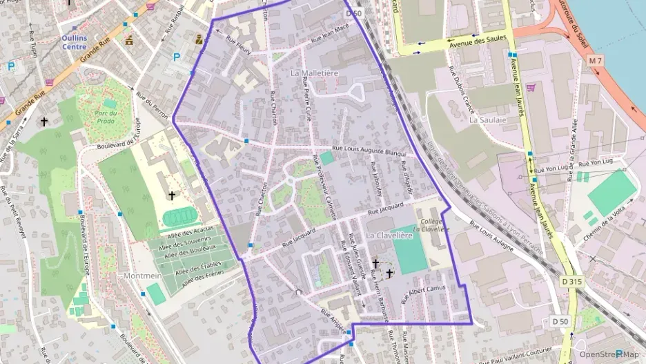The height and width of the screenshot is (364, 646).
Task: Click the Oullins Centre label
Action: coord(74,43)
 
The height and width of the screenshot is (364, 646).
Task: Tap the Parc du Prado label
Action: coord(105,117)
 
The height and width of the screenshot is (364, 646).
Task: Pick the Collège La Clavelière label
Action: coord(431,225)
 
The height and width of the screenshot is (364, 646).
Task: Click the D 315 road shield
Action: coord(570,281)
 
